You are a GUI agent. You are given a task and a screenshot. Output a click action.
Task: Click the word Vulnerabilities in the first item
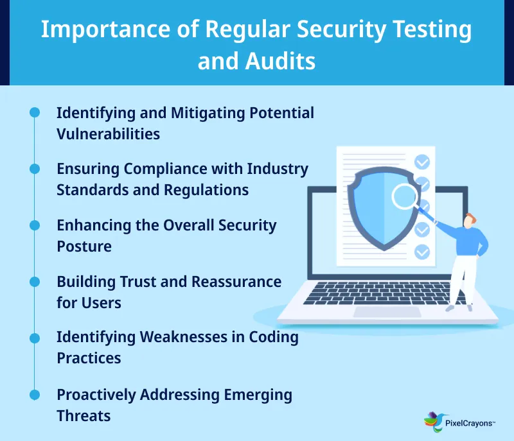108,135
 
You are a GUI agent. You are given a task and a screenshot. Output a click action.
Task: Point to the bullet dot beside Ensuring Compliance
35,169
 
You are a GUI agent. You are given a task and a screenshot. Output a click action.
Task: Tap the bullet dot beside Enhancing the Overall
35,225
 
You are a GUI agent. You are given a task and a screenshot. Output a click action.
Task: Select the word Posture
84,246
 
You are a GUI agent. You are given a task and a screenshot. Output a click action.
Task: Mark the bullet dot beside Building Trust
35,281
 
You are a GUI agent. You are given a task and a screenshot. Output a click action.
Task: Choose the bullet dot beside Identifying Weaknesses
35,336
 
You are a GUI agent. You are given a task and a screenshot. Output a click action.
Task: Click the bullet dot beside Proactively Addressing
35,393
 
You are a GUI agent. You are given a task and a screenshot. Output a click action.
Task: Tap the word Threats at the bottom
84,415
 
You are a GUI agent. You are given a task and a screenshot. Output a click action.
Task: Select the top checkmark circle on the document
421,161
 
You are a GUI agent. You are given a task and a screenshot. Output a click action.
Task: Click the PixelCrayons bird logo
432,420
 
